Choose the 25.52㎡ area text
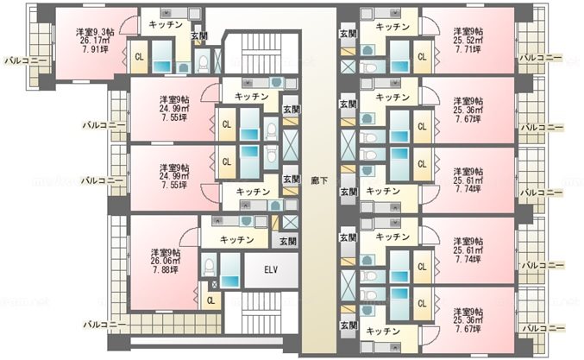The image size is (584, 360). [x=467, y=40]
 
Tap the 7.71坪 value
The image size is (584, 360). [x=467, y=51]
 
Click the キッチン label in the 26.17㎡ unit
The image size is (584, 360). [x=165, y=25]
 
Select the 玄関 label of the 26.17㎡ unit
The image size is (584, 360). [x=199, y=35]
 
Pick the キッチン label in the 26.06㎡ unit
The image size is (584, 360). [x=236, y=239]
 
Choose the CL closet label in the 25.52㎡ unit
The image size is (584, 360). [x=422, y=58]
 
